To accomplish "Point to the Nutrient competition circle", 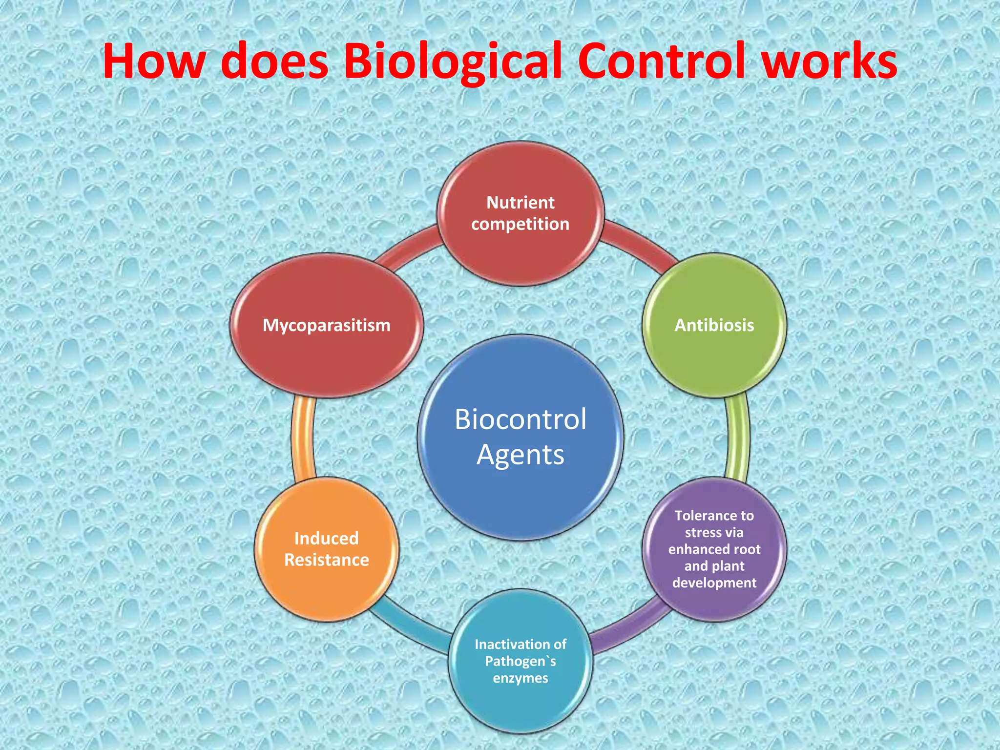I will (x=521, y=213).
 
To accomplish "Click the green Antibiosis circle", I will (x=714, y=325).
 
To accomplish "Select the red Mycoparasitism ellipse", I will (x=326, y=325).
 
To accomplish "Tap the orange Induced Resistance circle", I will (x=326, y=549).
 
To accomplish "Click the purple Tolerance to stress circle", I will (x=714, y=549).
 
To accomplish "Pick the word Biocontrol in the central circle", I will (x=521, y=419).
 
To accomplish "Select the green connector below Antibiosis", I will (x=737, y=437).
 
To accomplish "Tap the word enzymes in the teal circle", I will (x=521, y=678).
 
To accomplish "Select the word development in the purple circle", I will (x=714, y=583).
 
